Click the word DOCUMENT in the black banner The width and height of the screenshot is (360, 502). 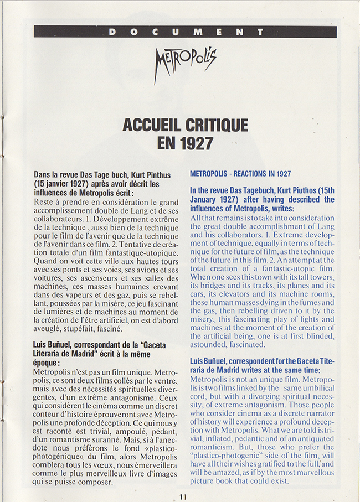pyautogui.click(x=185, y=32)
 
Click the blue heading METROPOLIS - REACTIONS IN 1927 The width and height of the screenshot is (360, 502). pyautogui.click(x=240, y=174)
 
